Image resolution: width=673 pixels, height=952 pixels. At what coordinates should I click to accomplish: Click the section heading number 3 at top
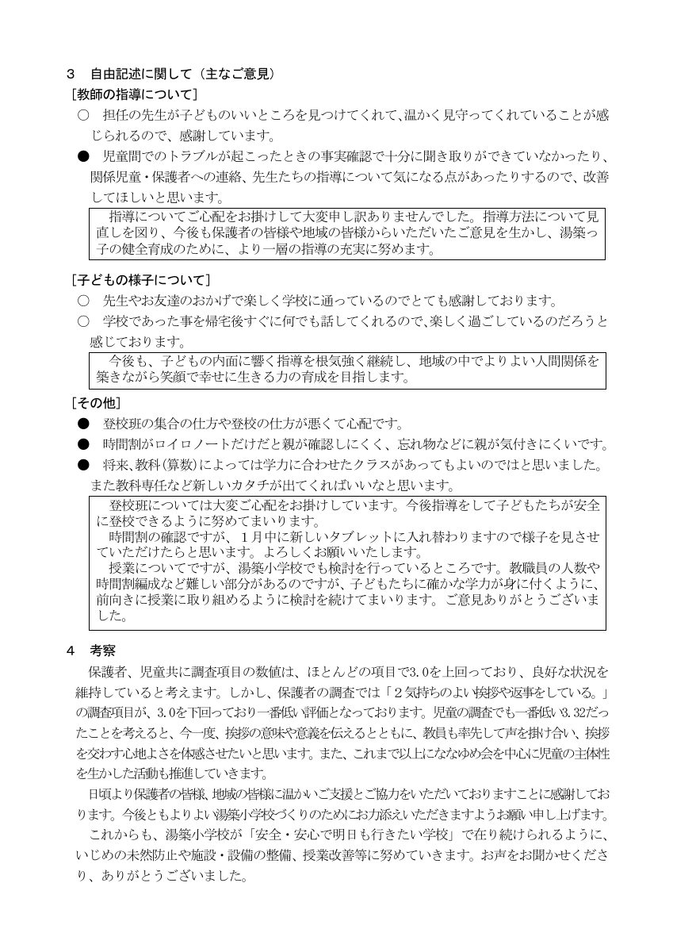tap(71, 75)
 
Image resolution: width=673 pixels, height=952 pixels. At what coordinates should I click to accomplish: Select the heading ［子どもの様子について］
tap(140, 280)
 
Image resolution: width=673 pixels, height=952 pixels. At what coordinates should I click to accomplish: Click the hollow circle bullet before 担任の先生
tap(82, 115)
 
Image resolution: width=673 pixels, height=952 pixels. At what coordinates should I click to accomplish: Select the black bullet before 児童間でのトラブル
tap(82, 156)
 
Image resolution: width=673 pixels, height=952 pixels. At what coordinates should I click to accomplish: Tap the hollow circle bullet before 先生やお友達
tap(82, 301)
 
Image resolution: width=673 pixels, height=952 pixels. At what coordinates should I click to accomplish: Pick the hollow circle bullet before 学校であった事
tap(82, 321)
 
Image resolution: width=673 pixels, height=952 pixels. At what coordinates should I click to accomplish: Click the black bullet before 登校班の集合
tap(82, 424)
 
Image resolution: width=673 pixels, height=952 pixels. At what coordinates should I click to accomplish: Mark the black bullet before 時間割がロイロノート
tap(82, 444)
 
